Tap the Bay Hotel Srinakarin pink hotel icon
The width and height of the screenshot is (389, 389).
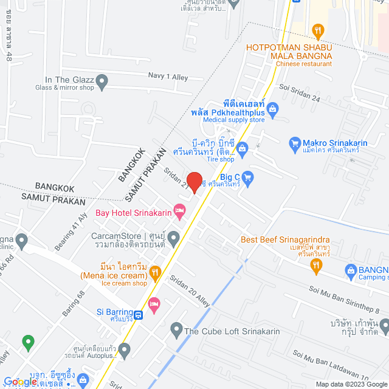pos(179,212)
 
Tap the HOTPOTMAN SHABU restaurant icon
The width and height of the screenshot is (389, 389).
pos(317,30)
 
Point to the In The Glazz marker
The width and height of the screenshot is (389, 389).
pos(102,80)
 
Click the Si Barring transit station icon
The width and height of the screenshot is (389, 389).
pos(139,315)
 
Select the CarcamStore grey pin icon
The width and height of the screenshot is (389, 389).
pos(174,236)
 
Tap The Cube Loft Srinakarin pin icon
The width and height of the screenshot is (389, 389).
pos(176,331)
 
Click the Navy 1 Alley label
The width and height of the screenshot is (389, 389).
pos(168,77)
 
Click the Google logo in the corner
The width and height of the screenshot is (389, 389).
pos(23,382)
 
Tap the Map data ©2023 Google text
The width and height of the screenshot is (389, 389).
pos(350,384)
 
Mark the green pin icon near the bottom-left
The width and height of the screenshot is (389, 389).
pos(27,342)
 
